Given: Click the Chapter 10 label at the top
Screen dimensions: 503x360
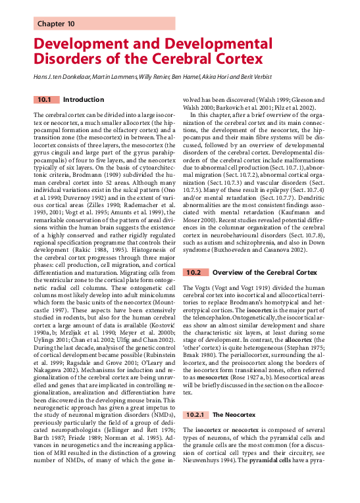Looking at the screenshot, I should pyautogui.click(x=57, y=24).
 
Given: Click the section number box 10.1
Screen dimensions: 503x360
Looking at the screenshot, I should pyautogui.click(x=45, y=100).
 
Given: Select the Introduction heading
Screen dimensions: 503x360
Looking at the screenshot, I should pyautogui.click(x=84, y=100).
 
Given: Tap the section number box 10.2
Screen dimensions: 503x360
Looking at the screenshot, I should pyautogui.click(x=193, y=272).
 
